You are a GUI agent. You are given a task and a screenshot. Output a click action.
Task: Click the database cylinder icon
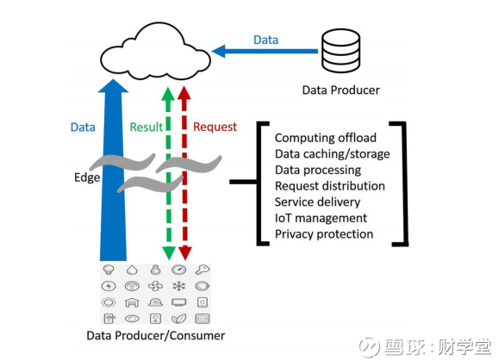click(340, 51)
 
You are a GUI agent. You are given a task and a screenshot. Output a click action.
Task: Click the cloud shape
click(155, 52)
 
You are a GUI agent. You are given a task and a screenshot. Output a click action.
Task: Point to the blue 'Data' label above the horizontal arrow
click(266, 40)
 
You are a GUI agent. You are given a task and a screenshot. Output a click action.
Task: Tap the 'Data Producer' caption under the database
click(340, 90)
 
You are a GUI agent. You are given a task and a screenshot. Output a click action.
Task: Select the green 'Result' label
click(147, 127)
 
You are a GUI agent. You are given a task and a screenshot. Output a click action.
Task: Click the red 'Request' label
click(215, 127)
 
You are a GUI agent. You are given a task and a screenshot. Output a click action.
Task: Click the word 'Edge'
click(87, 177)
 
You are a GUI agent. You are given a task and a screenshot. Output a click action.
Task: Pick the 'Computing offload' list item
click(326, 138)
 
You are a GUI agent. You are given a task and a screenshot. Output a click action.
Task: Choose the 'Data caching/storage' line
click(333, 154)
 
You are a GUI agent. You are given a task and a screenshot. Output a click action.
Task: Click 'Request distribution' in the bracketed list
click(330, 186)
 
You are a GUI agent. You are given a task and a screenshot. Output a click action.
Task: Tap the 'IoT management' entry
click(321, 218)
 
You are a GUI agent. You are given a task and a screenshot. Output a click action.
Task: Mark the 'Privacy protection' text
click(324, 234)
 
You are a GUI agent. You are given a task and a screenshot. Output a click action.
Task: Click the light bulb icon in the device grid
click(109, 270)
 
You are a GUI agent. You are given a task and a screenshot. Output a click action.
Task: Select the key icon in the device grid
click(203, 270)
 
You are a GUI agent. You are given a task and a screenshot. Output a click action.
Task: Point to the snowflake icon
click(179, 286)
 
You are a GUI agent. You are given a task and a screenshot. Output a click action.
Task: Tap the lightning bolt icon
click(109, 286)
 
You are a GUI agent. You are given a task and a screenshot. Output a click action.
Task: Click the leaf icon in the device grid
click(179, 319)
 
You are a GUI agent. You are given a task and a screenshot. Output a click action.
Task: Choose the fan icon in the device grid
click(155, 286)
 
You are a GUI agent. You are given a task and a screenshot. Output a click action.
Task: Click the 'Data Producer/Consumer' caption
click(156, 336)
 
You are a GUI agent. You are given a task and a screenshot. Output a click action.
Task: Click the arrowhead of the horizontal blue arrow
click(218, 51)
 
